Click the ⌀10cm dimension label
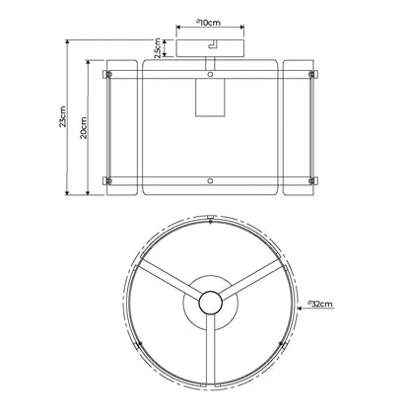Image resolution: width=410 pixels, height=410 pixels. [x=208, y=23]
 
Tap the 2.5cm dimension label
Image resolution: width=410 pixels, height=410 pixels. [x=158, y=48]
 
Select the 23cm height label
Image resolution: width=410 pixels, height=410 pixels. [x=63, y=116]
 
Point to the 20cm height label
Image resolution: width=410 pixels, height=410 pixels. [x=84, y=128]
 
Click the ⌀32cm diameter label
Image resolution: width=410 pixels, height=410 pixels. [x=320, y=304]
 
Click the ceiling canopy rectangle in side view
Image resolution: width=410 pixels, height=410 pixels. [x=210, y=48]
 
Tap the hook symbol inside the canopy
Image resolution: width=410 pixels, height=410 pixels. [x=213, y=44]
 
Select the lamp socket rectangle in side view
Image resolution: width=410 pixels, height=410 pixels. [x=210, y=98]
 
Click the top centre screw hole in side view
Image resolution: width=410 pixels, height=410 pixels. [x=210, y=75]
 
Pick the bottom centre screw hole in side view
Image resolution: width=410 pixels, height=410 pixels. [x=210, y=180]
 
